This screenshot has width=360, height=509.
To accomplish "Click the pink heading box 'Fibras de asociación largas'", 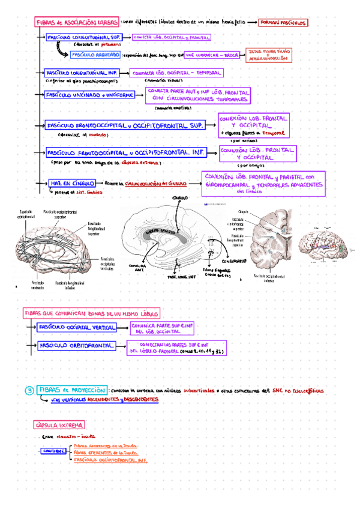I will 77,22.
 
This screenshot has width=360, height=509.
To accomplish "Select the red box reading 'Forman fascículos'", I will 282,22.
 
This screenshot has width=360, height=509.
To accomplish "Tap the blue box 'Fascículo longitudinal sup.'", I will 85,37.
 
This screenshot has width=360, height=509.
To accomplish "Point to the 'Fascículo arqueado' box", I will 95,55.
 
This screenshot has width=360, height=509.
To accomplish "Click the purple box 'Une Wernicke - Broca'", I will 212,55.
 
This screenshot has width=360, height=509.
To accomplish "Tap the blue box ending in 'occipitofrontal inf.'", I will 125,153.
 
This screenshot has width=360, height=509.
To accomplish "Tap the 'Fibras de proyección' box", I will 72,390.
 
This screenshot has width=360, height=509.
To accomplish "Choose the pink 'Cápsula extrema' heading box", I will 59,426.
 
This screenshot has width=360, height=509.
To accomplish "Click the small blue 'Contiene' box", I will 55,451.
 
